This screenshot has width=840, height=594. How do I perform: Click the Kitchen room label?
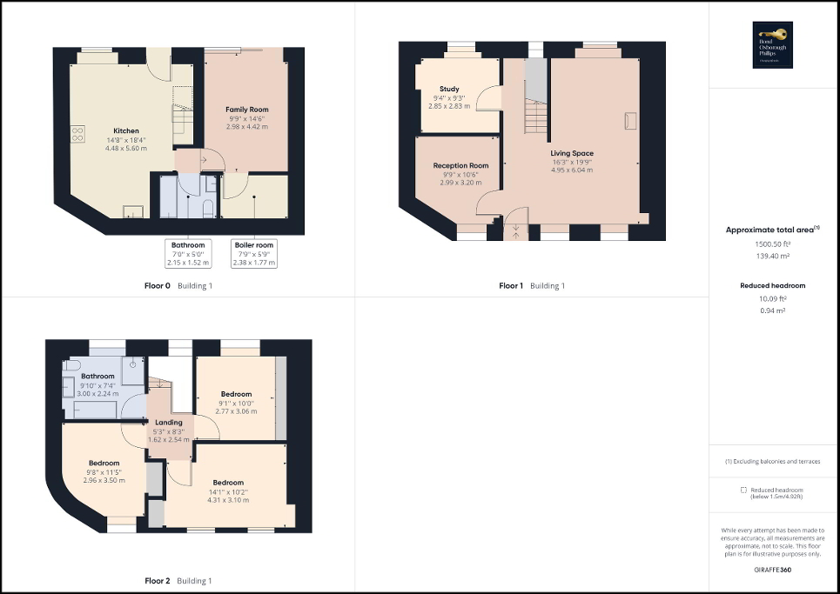pyautogui.click(x=126, y=131)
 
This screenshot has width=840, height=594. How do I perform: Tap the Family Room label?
pyautogui.click(x=246, y=110)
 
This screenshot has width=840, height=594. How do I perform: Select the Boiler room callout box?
pyautogui.click(x=254, y=253)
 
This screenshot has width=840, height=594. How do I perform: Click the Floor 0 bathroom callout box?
pyautogui.click(x=188, y=253)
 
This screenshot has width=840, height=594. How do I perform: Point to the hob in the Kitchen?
pyautogui.click(x=77, y=134)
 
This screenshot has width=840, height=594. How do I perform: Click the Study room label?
pyautogui.click(x=449, y=89)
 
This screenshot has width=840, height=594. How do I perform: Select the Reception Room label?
pyautogui.click(x=460, y=165)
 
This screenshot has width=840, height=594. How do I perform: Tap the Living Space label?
pyautogui.click(x=571, y=153)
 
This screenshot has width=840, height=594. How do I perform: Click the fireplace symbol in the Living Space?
pyautogui.click(x=630, y=120)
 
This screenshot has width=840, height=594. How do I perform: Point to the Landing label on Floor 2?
pyautogui.click(x=169, y=424)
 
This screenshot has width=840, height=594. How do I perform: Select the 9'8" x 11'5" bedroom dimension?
pyautogui.click(x=104, y=472)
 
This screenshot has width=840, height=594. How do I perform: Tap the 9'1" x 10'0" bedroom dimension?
pyautogui.click(x=236, y=403)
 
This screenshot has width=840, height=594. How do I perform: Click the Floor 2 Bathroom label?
pyautogui.click(x=98, y=377)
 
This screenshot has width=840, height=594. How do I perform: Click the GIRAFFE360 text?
pyautogui.click(x=773, y=568)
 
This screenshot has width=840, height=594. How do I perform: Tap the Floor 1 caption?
pyautogui.click(x=510, y=285)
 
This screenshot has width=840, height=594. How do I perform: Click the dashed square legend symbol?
pyautogui.click(x=743, y=491)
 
